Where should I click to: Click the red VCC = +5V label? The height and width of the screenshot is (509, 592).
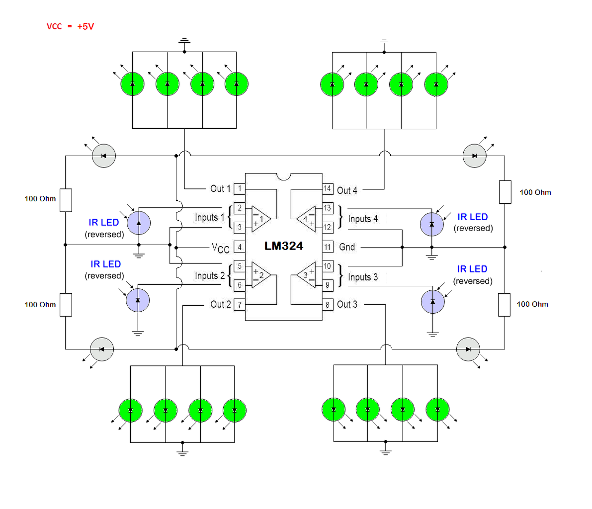(70, 26)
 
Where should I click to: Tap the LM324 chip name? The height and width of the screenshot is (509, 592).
(283, 246)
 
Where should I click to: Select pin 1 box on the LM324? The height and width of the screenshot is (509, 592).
(240, 188)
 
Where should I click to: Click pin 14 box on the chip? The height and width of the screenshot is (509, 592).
(328, 188)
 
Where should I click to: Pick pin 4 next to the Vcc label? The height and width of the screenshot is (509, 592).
(240, 247)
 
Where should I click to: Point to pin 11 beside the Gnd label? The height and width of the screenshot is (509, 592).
(328, 247)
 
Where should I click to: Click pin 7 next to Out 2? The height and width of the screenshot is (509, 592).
(240, 304)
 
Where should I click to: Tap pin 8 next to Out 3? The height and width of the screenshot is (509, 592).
(328, 304)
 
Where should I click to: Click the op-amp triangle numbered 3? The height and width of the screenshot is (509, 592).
(307, 275)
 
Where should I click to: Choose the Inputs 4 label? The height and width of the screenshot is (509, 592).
(363, 219)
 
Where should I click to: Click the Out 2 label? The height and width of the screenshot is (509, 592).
(221, 304)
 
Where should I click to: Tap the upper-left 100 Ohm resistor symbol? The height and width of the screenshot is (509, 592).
(66, 200)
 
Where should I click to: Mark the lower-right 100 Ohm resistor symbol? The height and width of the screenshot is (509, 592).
(504, 305)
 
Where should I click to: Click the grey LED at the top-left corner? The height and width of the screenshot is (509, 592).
(104, 156)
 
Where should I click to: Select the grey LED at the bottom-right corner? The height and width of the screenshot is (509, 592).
(468, 349)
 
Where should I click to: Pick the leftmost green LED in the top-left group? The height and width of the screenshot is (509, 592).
(132, 84)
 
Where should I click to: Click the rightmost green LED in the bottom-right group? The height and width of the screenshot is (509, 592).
(438, 410)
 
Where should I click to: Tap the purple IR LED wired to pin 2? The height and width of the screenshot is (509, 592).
(139, 223)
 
